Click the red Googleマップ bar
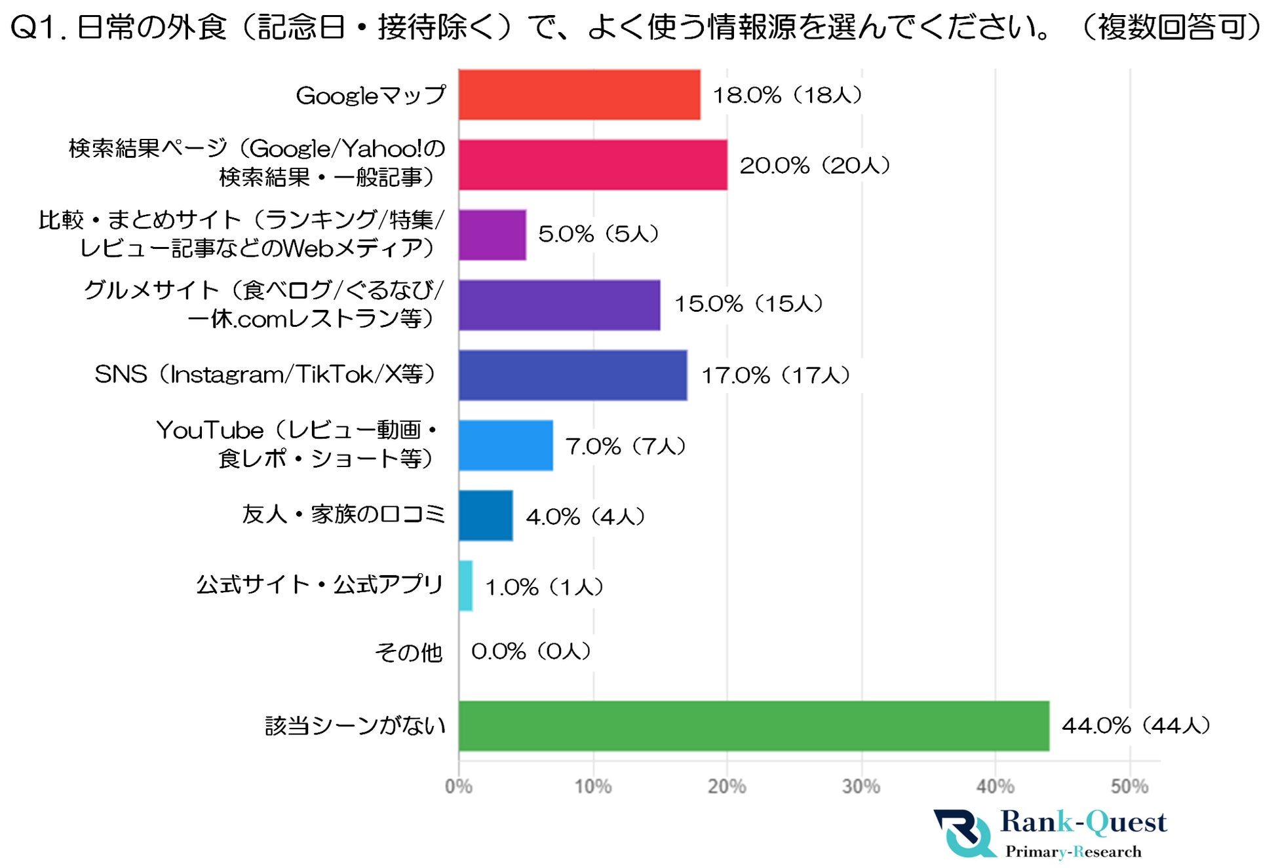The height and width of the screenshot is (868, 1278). click(579, 95)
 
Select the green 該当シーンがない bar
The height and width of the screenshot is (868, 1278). click(754, 726)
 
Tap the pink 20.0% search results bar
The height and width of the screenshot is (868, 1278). click(593, 165)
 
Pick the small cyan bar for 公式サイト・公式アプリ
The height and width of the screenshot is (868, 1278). click(465, 586)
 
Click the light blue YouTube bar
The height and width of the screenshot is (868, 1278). click(505, 445)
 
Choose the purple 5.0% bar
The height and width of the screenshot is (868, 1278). click(492, 235)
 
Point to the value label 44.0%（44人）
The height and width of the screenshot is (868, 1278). click(1135, 725)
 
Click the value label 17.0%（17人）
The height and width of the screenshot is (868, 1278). click(775, 375)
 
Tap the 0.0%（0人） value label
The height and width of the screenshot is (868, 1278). click(531, 651)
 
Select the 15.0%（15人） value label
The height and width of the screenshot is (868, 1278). click(748, 304)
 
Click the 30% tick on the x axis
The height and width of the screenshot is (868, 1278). click(861, 786)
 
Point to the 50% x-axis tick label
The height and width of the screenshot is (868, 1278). click(1129, 786)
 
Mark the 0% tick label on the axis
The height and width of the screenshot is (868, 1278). click(459, 786)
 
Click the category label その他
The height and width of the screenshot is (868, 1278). click(408, 652)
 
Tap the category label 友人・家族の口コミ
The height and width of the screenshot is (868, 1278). click(343, 514)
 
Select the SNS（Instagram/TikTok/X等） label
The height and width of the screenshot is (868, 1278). click(265, 375)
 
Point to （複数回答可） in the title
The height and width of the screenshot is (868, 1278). click(1171, 28)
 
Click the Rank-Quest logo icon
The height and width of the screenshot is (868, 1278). click(963, 833)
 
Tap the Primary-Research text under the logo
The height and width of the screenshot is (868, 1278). click(1074, 852)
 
